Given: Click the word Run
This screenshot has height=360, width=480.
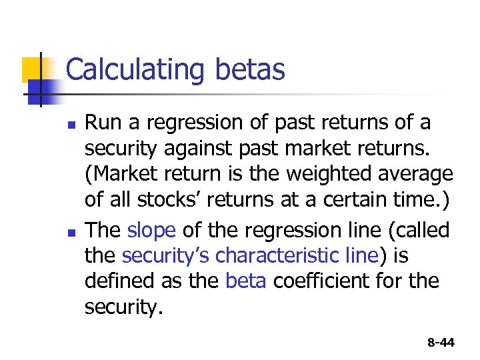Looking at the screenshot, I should (x=101, y=123).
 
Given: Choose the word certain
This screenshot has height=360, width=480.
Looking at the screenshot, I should (x=363, y=200).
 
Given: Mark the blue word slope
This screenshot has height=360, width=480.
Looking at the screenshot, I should (x=151, y=231).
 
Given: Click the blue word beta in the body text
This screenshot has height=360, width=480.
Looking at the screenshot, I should (x=246, y=281).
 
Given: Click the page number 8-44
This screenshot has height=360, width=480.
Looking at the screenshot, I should (x=441, y=343).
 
